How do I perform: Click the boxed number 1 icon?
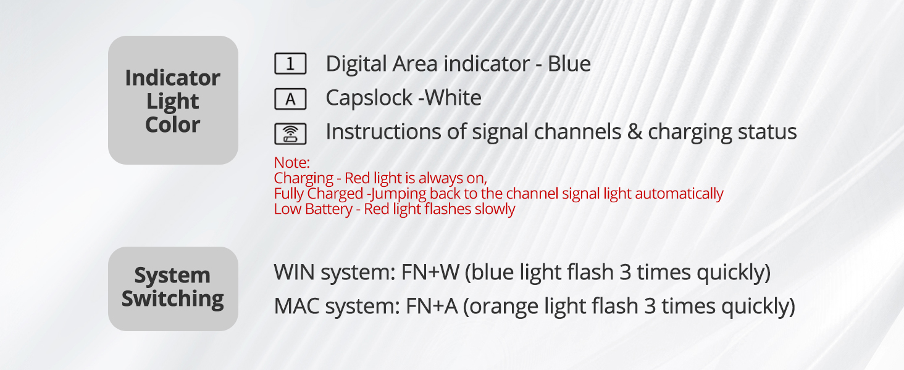[x=290, y=64]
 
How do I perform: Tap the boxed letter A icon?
[x=290, y=98]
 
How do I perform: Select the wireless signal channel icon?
[x=290, y=133]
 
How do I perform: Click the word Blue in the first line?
[x=569, y=64]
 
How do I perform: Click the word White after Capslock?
[x=453, y=98]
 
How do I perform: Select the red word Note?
[x=291, y=163]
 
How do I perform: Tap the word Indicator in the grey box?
[x=172, y=78]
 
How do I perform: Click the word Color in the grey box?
[x=172, y=125]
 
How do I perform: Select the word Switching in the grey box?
[x=172, y=299]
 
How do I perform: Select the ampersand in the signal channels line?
[x=634, y=132]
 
